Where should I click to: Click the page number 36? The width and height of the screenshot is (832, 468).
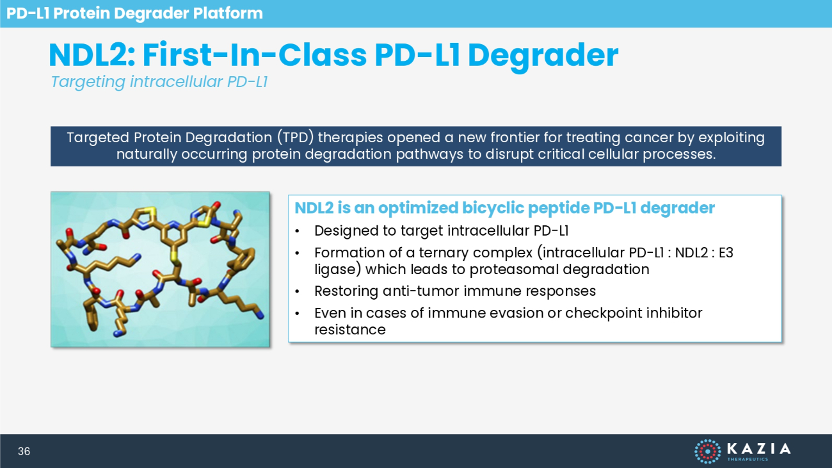click(24, 451)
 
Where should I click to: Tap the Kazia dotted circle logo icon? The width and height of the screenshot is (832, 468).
click(708, 451)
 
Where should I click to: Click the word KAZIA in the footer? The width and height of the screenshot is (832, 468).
click(759, 449)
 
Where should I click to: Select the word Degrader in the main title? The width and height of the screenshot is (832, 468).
click(543, 56)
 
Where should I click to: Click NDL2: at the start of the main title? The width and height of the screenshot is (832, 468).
click(92, 55)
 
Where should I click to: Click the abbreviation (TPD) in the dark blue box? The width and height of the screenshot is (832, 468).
click(295, 138)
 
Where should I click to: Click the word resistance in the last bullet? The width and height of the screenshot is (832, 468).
click(350, 330)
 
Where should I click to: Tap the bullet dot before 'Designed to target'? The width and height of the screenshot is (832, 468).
click(297, 231)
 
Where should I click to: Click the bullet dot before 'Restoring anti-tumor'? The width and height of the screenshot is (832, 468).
click(297, 291)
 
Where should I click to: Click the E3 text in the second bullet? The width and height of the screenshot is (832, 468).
click(726, 253)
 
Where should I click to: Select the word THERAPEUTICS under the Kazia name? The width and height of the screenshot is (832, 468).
click(748, 460)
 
